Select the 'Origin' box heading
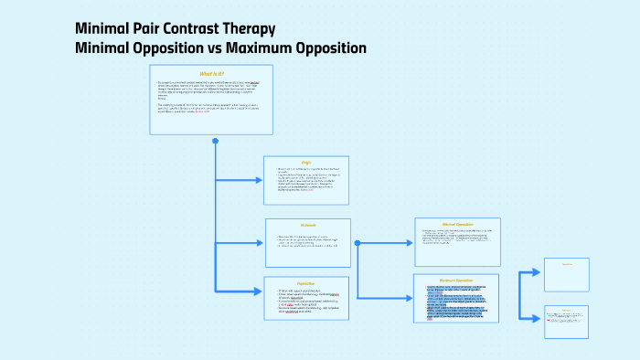pyautogui.click(x=306, y=163)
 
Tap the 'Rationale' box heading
pyautogui.click(x=307, y=225)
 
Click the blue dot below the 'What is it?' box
pyautogui.click(x=216, y=141)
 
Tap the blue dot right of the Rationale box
pyautogui.click(x=357, y=243)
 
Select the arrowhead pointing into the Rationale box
pyautogui.click(x=259, y=243)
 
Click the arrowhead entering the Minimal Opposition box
pyautogui.click(x=408, y=243)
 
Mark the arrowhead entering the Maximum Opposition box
pyautogui.click(x=408, y=299)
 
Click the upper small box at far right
pyautogui.click(x=567, y=274)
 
